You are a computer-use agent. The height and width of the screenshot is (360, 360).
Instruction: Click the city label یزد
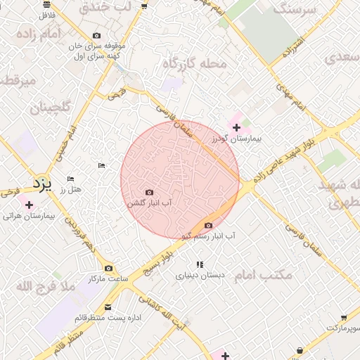pyautogui.click(x=42, y=184)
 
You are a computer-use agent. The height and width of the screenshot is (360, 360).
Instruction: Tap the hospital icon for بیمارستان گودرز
pyautogui.click(x=236, y=127)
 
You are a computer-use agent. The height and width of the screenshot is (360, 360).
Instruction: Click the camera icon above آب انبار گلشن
pyautogui.click(x=148, y=192)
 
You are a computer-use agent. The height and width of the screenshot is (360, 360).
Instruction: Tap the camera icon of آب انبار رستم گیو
pyautogui.click(x=207, y=226)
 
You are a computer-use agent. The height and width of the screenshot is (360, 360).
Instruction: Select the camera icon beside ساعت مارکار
pyautogui.click(x=108, y=268)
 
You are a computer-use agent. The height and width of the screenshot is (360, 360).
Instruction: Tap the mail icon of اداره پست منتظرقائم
pyautogui.click(x=108, y=307)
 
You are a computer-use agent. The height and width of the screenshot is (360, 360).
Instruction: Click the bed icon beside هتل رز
pyautogui.click(x=70, y=179)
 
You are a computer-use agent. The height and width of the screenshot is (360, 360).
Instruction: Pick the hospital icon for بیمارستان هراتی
pyautogui.click(x=29, y=205)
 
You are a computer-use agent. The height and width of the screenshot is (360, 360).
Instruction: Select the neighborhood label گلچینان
pyautogui.click(x=50, y=108)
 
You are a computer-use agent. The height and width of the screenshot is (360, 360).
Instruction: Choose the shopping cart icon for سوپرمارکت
pyautogui.click(x=344, y=318)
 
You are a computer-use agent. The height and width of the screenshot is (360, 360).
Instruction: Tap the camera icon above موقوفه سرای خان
pyautogui.click(x=96, y=36)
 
